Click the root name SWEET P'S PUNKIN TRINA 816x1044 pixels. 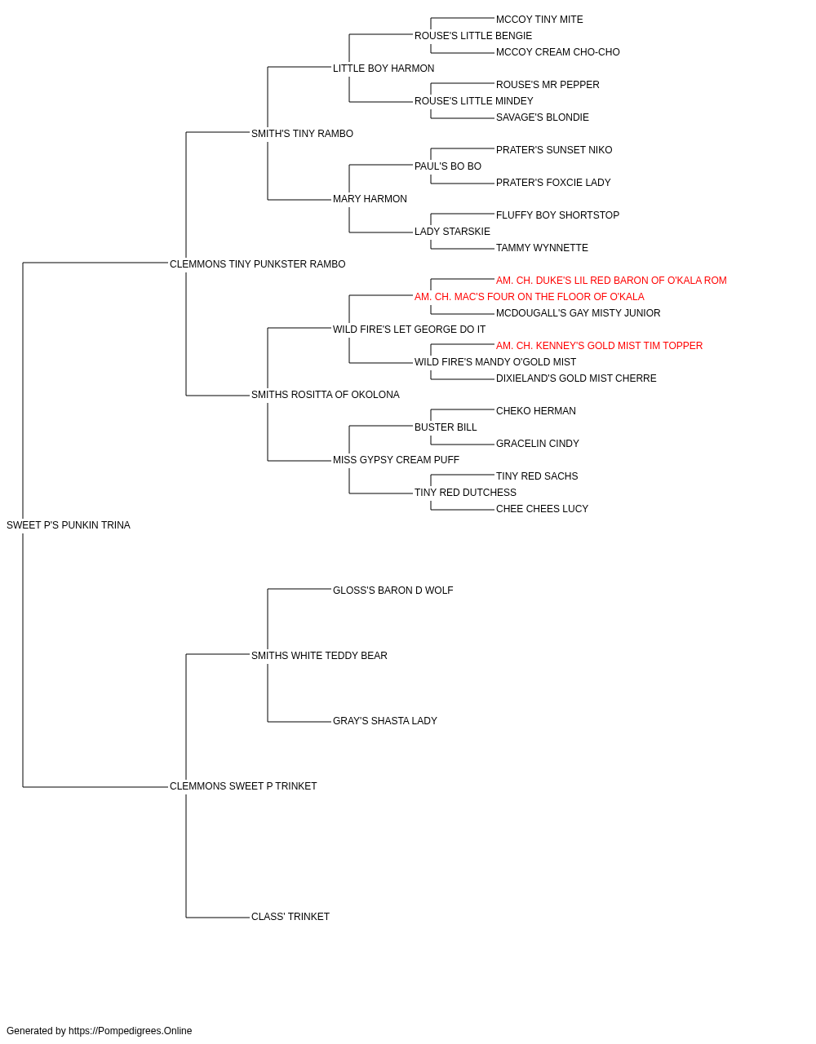pyautogui.click(x=69, y=525)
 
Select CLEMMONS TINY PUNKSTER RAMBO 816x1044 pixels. pyautogui.click(x=257, y=264)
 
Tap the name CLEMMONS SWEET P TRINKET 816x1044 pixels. pyautogui.click(x=243, y=786)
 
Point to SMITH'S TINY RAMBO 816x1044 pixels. pyautogui.click(x=302, y=134)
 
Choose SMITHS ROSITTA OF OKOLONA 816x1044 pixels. pyautogui.click(x=326, y=395)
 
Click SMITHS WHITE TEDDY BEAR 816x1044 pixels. pyautogui.click(x=319, y=655)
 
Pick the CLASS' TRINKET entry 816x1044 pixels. pyautogui.click(x=290, y=916)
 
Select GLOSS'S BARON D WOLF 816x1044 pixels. pyautogui.click(x=392, y=590)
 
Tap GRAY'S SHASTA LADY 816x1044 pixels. pyautogui.click(x=385, y=721)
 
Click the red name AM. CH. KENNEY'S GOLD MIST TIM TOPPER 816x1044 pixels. pyautogui.click(x=599, y=346)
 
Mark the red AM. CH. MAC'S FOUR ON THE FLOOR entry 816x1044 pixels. pyautogui.click(x=529, y=296)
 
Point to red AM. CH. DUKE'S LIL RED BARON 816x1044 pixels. pyautogui.click(x=611, y=280)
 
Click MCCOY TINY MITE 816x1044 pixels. pyautogui.click(x=539, y=20)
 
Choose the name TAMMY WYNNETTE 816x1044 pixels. pyautogui.click(x=542, y=247)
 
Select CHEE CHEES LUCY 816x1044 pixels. pyautogui.click(x=542, y=508)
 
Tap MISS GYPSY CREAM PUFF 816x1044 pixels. pyautogui.click(x=396, y=460)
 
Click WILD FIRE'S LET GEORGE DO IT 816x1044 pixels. pyautogui.click(x=409, y=329)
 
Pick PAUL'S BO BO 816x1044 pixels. pyautogui.click(x=447, y=166)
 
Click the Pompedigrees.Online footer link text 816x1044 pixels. pyautogui.click(x=130, y=1030)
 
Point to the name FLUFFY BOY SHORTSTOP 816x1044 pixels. pyautogui.click(x=557, y=215)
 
